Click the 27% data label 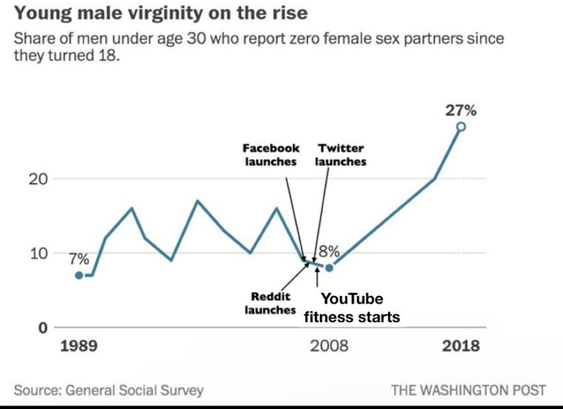(x=460, y=110)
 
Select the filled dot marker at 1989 (x=79, y=275)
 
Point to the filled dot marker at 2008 (x=329, y=268)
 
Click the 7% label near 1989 (x=79, y=258)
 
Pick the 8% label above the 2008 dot (x=329, y=252)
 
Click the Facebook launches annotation (x=271, y=155)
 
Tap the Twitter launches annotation (x=340, y=155)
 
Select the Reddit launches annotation (x=270, y=303)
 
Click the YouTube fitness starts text (x=352, y=308)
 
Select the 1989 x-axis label (x=79, y=346)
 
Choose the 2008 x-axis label (x=329, y=346)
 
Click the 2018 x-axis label (x=461, y=346)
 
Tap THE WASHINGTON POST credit (x=468, y=390)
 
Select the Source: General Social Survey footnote (x=108, y=390)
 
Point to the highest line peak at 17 (x=197, y=201)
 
